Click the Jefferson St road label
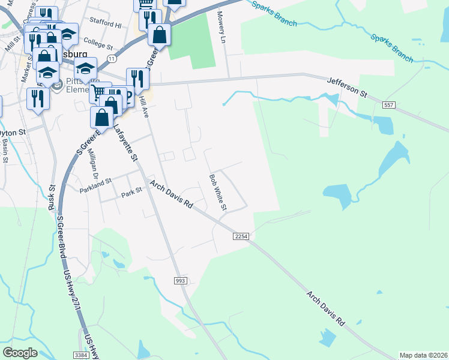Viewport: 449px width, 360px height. pyautogui.click(x=347, y=87)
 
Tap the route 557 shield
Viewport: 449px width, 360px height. pyautogui.click(x=389, y=105)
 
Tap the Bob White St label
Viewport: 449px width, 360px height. pyautogui.click(x=217, y=192)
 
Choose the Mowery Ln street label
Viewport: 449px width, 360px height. pyautogui.click(x=221, y=27)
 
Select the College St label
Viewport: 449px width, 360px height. pyautogui.click(x=98, y=44)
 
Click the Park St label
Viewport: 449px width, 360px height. pyautogui.click(x=131, y=193)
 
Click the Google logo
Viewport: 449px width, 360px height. pyautogui.click(x=20, y=353)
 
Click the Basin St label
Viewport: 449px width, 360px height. pyautogui.click(x=5, y=151)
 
